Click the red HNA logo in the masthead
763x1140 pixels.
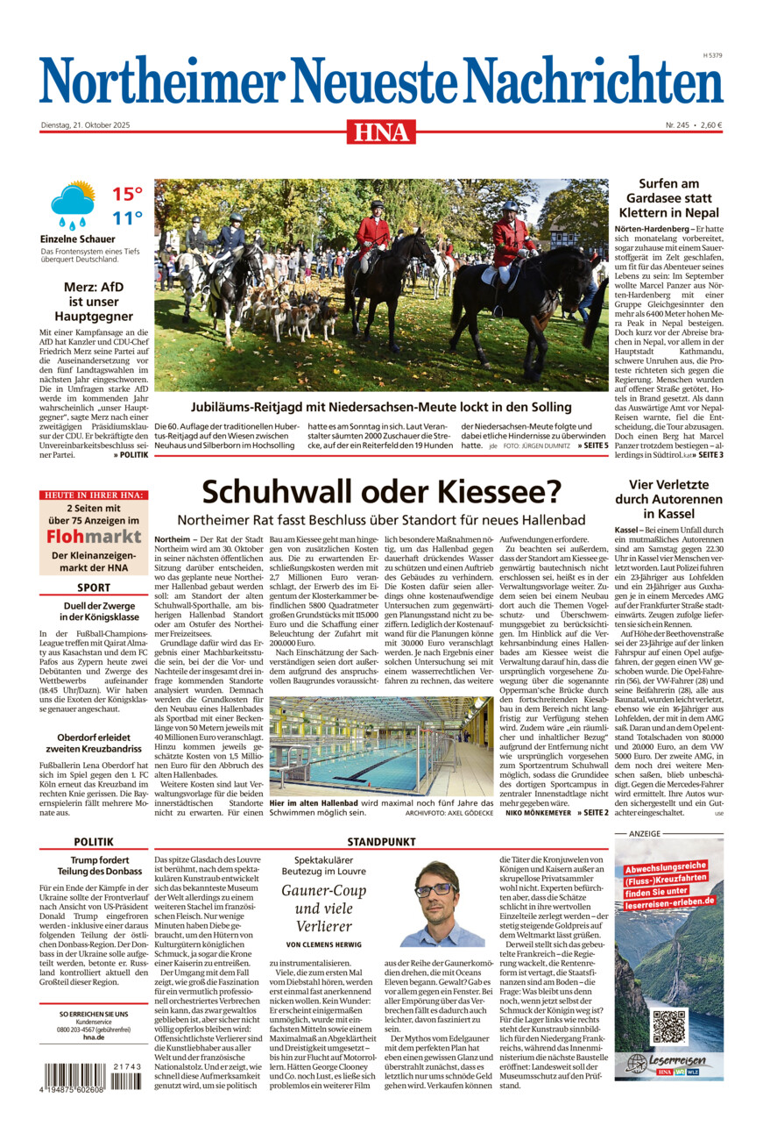[381, 132]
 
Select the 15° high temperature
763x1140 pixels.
[127, 194]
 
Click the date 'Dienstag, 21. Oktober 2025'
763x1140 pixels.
[85, 125]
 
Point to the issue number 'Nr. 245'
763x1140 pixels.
[677, 125]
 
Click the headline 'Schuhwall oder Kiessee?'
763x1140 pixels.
[381, 492]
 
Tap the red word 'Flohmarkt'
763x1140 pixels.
[94, 536]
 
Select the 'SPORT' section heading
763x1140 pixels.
[94, 588]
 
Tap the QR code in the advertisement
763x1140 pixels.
[669, 1027]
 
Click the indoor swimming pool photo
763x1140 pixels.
[381, 746]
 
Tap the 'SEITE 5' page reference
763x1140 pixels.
[592, 446]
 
